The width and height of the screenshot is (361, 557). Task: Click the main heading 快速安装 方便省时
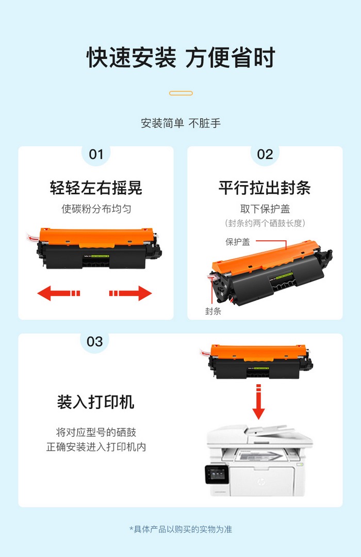(181, 57)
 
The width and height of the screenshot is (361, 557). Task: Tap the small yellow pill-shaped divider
(181, 93)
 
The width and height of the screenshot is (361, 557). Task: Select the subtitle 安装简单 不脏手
(181, 123)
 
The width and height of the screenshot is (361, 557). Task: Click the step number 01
(96, 155)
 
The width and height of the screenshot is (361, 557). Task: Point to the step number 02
(265, 155)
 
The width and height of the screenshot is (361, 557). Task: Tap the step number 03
(94, 342)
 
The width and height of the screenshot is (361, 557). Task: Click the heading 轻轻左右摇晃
(96, 188)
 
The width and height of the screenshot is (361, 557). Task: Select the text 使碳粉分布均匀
(96, 209)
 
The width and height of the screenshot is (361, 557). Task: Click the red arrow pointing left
(59, 293)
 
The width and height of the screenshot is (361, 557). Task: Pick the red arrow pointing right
(130, 293)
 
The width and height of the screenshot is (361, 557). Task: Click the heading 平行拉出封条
(265, 188)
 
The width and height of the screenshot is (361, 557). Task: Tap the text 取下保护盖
(265, 209)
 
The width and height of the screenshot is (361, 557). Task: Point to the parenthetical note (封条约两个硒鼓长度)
(265, 223)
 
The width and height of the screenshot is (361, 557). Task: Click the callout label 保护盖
(238, 242)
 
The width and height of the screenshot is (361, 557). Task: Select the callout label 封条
(213, 311)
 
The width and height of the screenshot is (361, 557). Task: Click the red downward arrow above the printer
(258, 402)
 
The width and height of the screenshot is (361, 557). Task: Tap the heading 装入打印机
(95, 402)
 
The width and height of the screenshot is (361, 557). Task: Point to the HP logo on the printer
(261, 482)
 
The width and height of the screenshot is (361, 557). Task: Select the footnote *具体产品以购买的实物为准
(181, 529)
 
